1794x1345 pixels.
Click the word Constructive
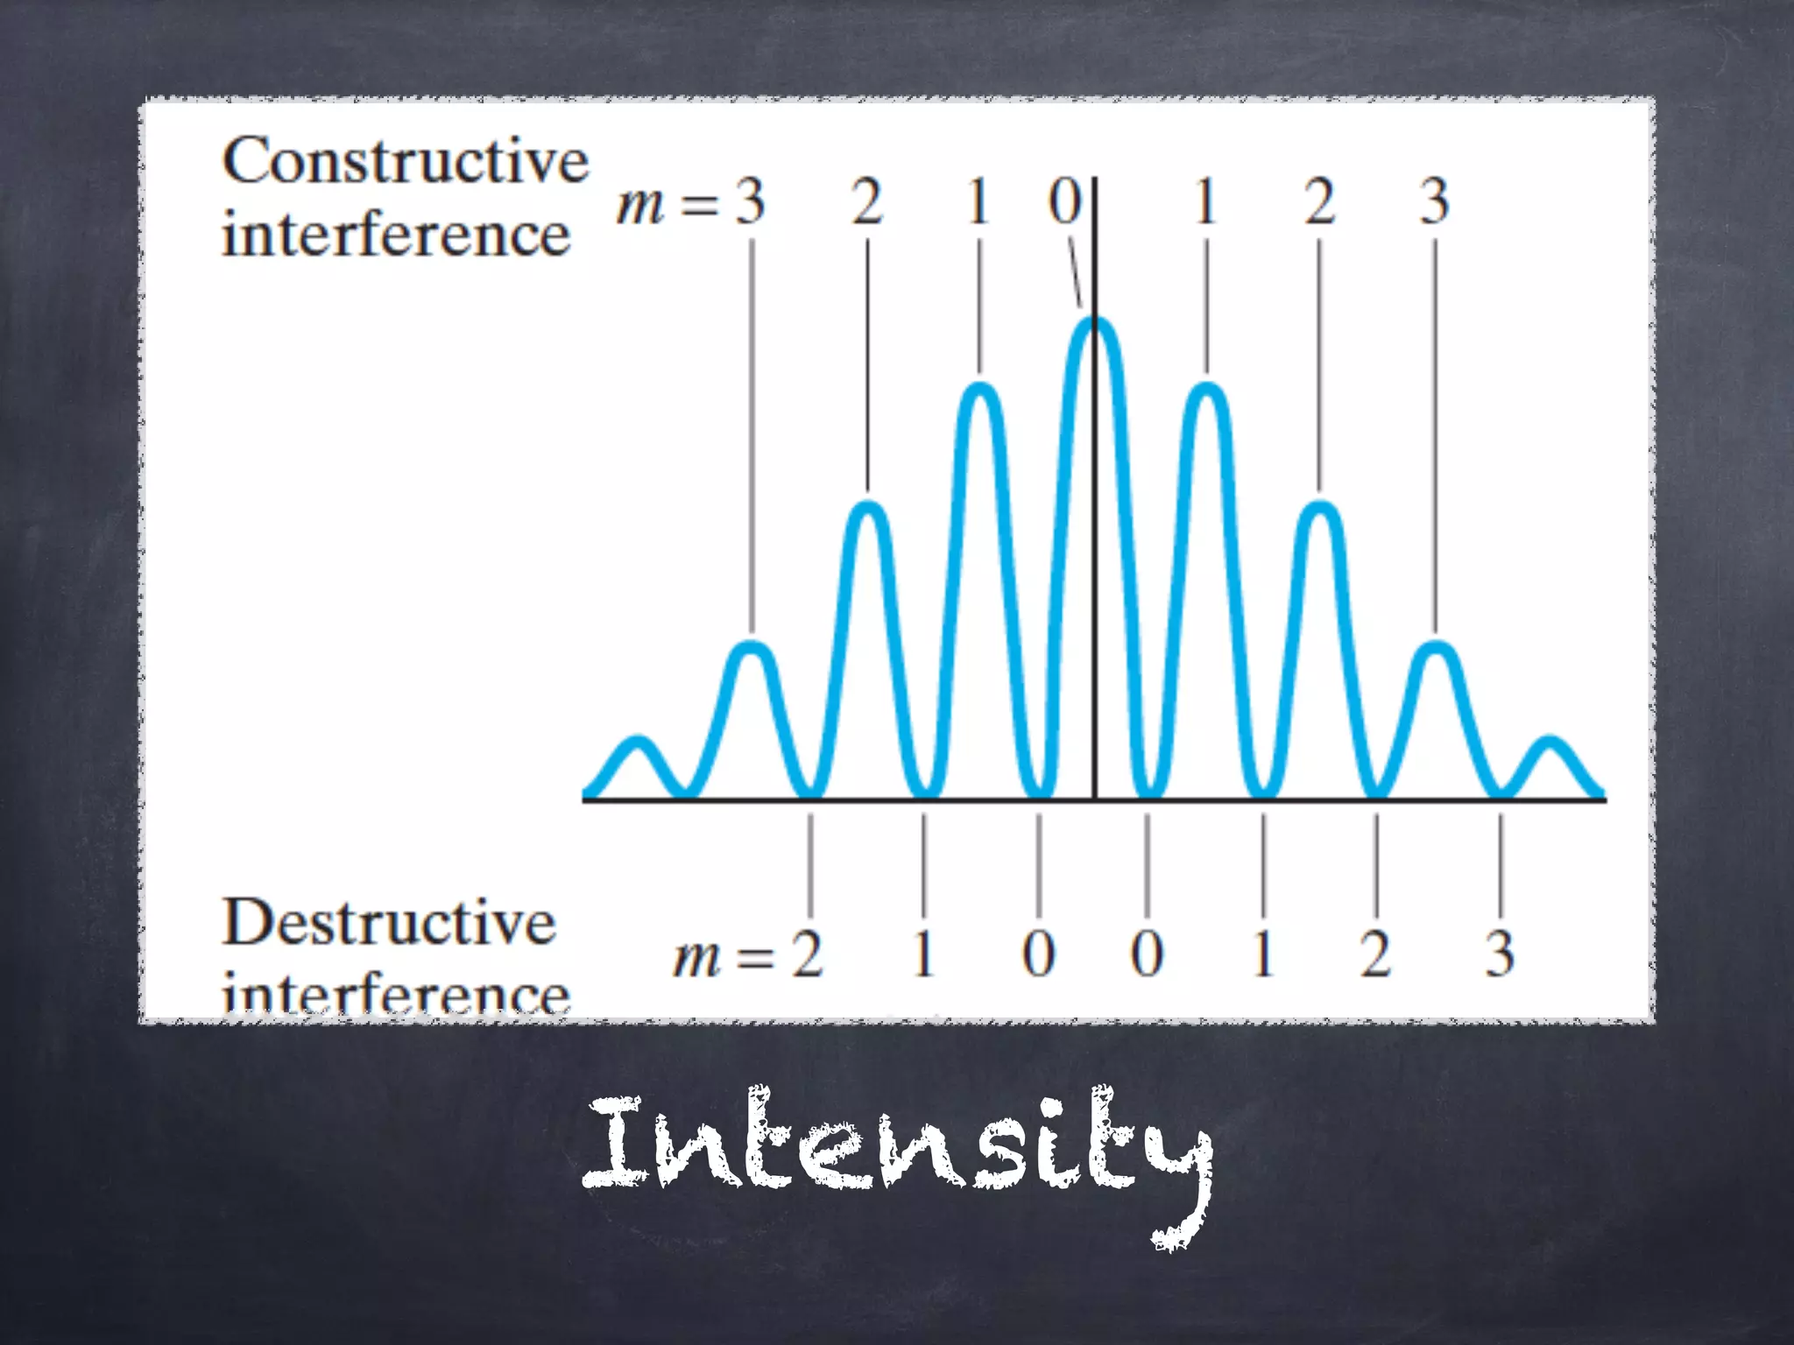coord(405,163)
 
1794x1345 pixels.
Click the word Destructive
coord(389,923)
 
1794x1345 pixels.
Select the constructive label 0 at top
coord(1065,201)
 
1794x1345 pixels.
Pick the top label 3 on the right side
coord(1434,201)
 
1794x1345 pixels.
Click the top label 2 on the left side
coord(867,201)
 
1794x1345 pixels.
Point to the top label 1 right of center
coord(1206,201)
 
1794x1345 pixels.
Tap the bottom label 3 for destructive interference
coord(1500,954)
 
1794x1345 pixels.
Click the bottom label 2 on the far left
coord(808,954)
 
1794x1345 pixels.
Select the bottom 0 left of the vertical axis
coord(1039,954)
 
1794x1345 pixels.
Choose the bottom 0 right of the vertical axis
coord(1147,954)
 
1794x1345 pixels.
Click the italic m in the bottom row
coord(697,959)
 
